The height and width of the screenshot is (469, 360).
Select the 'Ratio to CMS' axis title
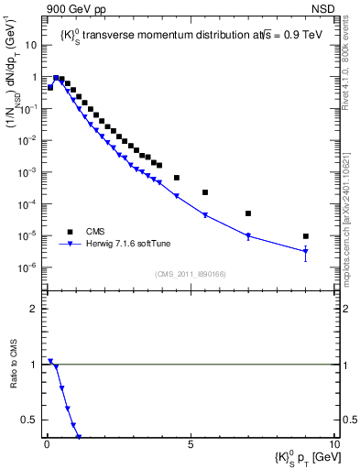(x=12, y=364)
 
